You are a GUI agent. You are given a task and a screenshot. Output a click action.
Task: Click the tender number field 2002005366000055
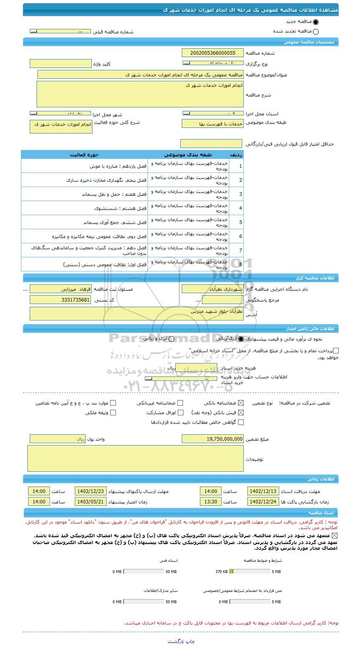pyautogui.click(x=212, y=53)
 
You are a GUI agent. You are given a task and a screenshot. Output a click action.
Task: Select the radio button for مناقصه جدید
pyautogui.click(x=315, y=22)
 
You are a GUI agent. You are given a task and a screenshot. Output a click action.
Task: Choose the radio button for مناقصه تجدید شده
pyautogui.click(x=315, y=32)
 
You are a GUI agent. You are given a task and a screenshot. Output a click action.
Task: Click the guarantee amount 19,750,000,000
pyautogui.click(x=212, y=439)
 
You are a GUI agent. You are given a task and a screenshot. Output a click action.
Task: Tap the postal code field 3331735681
pyautogui.click(x=60, y=300)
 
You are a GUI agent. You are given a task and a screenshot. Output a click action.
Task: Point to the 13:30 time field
pyautogui.click(x=210, y=502)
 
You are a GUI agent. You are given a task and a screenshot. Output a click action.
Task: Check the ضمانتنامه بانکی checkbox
pyautogui.click(x=241, y=403)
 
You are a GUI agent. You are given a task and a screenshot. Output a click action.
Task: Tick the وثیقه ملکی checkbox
pyautogui.click(x=113, y=413)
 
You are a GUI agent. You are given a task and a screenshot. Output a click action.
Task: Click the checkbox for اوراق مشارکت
pyautogui.click(x=181, y=413)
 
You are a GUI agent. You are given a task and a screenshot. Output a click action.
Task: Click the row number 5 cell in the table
pyautogui.click(x=241, y=222)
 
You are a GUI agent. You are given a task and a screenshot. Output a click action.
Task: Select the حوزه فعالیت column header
pyautogui.click(x=84, y=155)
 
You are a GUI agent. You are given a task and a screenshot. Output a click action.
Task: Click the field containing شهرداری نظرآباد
pyautogui.click(x=212, y=289)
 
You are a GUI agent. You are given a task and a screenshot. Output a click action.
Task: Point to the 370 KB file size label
pyautogui.click(x=221, y=571)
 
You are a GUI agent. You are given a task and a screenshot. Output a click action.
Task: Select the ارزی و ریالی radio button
pyautogui.click(x=171, y=339)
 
